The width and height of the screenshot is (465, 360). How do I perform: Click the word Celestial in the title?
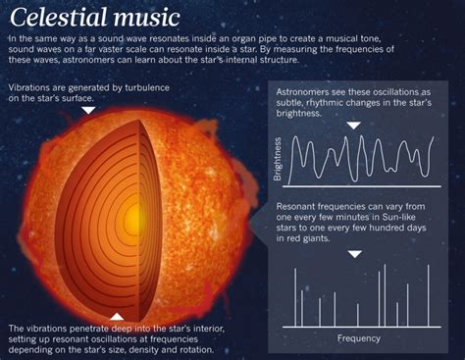(57, 17)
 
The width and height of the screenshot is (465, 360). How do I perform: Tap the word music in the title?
(145, 17)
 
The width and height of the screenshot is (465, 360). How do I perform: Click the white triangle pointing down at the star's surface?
(88, 110)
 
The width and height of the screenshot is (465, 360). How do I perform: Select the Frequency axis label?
(358, 338)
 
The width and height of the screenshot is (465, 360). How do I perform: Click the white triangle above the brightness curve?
(354, 126)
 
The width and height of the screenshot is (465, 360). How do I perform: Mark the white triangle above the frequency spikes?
(355, 253)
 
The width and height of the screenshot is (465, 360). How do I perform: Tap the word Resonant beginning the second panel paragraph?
(298, 208)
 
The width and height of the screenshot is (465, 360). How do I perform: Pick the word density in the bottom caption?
(154, 350)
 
